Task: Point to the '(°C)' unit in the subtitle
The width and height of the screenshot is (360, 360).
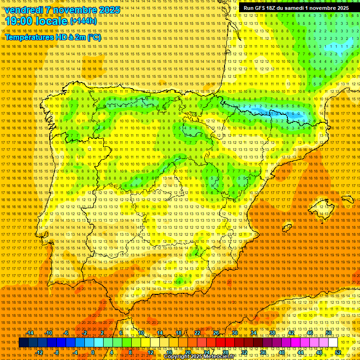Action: click(x=94, y=37)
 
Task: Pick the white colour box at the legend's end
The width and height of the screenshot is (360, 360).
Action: click(x=333, y=343)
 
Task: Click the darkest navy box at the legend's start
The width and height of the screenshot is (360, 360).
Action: click(x=23, y=343)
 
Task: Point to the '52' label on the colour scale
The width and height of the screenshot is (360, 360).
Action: click(x=338, y=352)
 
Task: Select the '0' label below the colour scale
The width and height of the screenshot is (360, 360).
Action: click(x=93, y=352)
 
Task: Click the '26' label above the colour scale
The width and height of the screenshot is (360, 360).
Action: click(x=216, y=333)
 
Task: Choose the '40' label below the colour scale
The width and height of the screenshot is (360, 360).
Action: click(x=282, y=352)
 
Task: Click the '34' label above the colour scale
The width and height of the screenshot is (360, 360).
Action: click(x=253, y=333)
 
